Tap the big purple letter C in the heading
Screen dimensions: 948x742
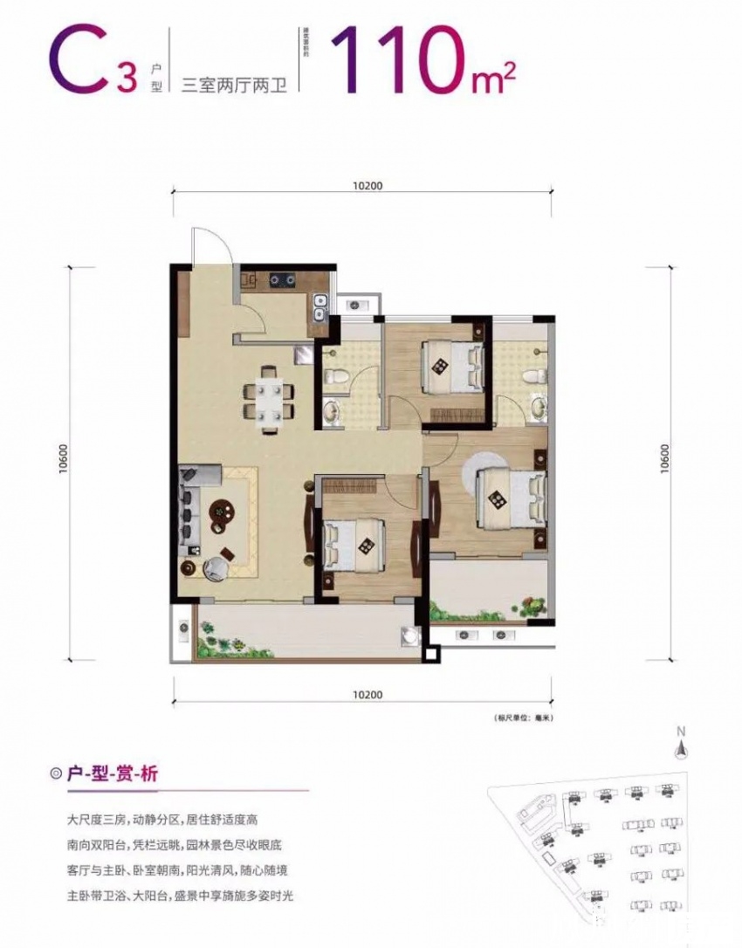pos(80,58)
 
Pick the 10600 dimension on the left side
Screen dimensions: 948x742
pos(64,463)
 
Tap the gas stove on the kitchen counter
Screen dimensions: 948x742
pos(282,280)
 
